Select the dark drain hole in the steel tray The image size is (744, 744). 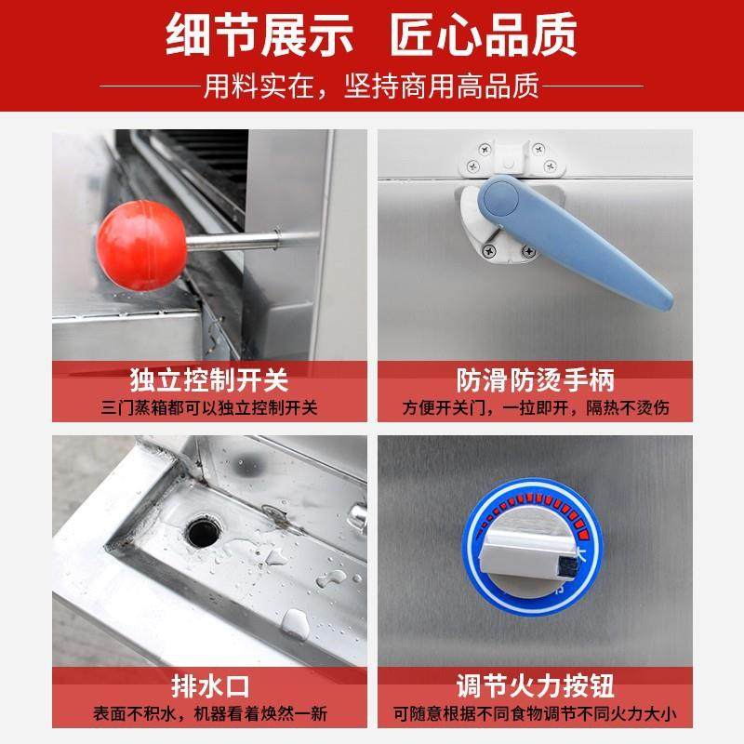coord(200,533)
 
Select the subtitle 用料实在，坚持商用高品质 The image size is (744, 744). coord(371,87)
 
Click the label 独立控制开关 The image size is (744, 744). coord(209,380)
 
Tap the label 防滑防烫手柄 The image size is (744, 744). coord(535,380)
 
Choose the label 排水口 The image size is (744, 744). coord(209,688)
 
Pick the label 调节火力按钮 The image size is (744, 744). coord(535,688)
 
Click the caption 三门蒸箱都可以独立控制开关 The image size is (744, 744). coord(209,408)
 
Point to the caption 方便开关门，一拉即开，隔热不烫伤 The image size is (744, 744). coord(535,408)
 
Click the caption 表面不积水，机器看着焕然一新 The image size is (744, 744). coord(209,715)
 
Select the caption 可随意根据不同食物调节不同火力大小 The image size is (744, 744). coord(535,715)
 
